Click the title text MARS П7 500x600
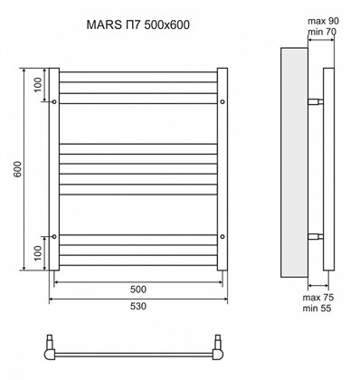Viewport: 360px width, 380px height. click(x=138, y=24)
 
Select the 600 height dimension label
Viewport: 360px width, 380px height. click(x=18, y=169)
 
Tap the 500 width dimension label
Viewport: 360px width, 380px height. click(x=138, y=290)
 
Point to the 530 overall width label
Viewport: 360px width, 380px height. click(x=138, y=306)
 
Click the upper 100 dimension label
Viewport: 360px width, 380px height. click(x=37, y=85)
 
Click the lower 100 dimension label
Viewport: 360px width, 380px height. click(x=37, y=253)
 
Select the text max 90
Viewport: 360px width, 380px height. click(x=323, y=21)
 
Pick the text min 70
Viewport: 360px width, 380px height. click(x=322, y=32)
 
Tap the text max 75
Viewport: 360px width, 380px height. click(x=318, y=298)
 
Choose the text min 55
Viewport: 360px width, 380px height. click(x=317, y=309)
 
